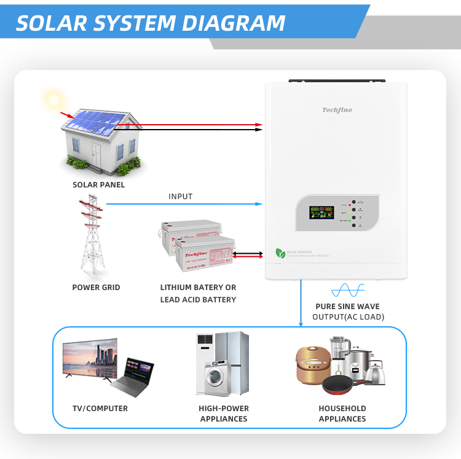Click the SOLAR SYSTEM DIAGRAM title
(151, 23)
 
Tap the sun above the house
(53, 100)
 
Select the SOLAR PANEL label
(98, 185)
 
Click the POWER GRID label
(96, 288)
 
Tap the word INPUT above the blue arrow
(180, 197)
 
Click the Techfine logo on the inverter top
(337, 111)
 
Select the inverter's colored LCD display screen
(321, 213)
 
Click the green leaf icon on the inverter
(281, 253)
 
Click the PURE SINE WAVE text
(347, 307)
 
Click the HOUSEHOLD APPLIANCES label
(342, 414)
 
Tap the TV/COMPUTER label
(100, 409)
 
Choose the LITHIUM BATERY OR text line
(198, 288)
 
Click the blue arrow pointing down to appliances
(301, 304)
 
